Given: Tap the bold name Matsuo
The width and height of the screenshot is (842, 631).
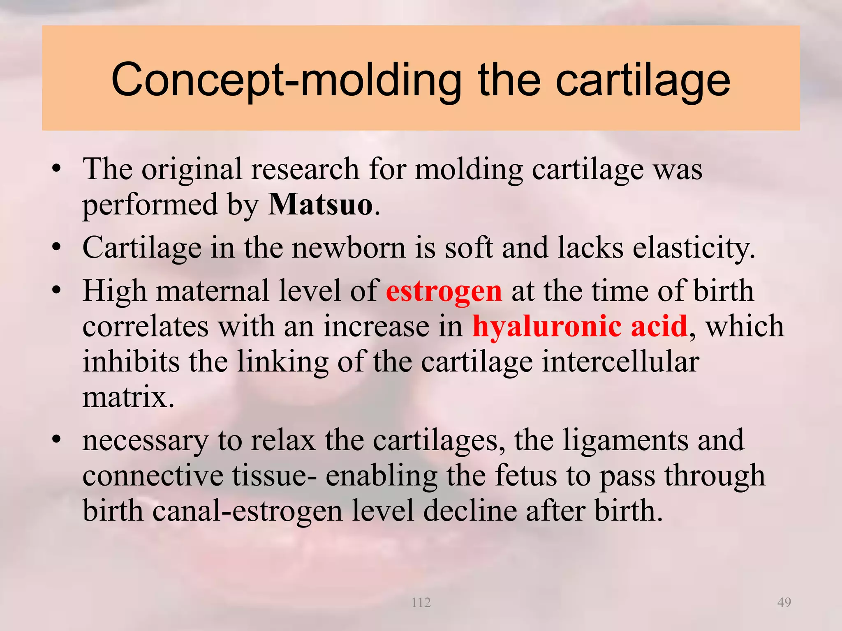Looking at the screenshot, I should tap(321, 204).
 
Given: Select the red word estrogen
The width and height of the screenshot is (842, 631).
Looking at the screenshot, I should tap(444, 291).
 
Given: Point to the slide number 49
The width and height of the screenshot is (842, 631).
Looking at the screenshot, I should tap(784, 602).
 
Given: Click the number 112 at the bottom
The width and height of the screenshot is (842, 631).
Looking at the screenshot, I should tap(421, 602).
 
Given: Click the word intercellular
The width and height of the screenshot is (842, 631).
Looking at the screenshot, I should tap(620, 362).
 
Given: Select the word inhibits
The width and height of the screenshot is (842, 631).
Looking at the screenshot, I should tap(131, 362).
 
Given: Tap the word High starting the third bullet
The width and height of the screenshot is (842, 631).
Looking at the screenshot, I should tap(114, 291).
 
